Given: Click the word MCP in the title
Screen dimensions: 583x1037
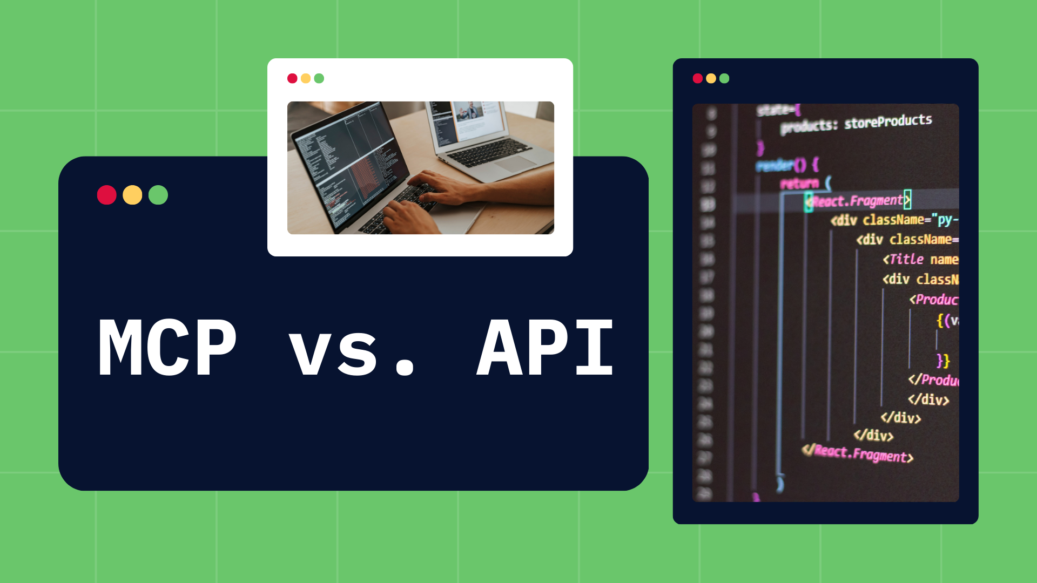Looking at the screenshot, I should coord(167,347).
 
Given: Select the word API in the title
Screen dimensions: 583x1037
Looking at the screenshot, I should coord(546,347).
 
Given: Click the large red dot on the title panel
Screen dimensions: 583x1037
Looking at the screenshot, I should coord(107,195).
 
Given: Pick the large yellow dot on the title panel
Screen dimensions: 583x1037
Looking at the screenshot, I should coord(132,195).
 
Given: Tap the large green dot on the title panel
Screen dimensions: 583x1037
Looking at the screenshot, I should coord(158,195).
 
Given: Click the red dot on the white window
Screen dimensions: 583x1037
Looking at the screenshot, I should coord(292,78).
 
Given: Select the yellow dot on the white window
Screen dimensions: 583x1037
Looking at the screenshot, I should coord(306,78).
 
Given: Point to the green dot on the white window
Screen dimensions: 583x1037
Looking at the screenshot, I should coord(319,78).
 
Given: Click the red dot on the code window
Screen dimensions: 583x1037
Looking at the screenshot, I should coord(698,78).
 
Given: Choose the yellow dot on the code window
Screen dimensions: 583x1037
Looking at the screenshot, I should coord(711,78).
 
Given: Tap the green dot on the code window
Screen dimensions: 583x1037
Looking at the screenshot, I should coord(724,78).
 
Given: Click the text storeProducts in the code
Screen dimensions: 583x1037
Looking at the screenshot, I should coord(888,121).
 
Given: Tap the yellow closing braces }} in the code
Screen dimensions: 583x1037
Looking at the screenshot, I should coord(943,360).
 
